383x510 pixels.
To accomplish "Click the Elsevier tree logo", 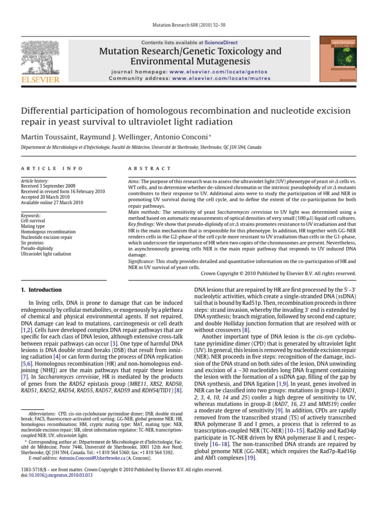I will coord(36,56).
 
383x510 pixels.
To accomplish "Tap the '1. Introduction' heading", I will coord(41,290).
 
